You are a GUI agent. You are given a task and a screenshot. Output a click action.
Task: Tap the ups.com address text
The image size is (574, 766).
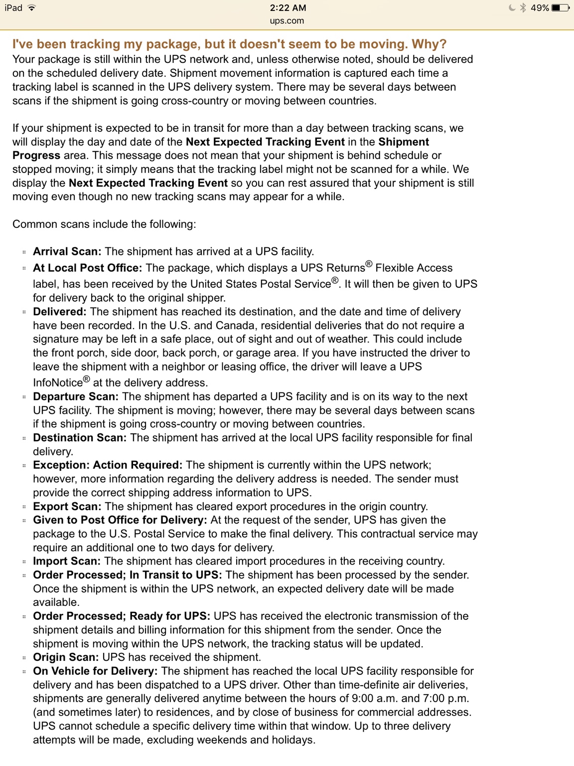click(287, 21)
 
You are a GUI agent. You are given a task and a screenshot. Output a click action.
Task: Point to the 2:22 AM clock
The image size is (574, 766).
click(288, 8)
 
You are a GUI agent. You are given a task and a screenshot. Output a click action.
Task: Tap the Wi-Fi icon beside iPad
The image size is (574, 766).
click(32, 8)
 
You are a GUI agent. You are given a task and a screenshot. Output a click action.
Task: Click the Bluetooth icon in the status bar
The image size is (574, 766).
click(523, 8)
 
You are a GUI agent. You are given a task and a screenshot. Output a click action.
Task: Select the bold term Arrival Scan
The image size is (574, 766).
click(67, 251)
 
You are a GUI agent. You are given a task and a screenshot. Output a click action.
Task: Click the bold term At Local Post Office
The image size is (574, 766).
click(87, 268)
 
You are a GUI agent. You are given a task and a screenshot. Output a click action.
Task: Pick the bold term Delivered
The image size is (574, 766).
click(59, 312)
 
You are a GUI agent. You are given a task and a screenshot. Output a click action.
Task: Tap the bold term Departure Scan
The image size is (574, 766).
click(76, 396)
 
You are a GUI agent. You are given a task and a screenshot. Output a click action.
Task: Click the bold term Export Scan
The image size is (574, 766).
click(67, 507)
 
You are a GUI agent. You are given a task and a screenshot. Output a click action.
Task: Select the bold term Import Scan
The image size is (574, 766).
click(67, 561)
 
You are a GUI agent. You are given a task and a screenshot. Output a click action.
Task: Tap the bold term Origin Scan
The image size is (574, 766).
click(66, 657)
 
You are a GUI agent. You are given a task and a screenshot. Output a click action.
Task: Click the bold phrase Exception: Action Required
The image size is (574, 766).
click(108, 465)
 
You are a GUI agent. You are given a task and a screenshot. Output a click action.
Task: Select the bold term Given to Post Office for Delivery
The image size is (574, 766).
click(120, 520)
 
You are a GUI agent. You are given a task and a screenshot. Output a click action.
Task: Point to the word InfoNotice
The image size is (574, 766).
click(58, 383)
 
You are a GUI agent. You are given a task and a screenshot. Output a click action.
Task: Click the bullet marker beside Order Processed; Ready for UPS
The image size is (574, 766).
click(24, 617)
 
